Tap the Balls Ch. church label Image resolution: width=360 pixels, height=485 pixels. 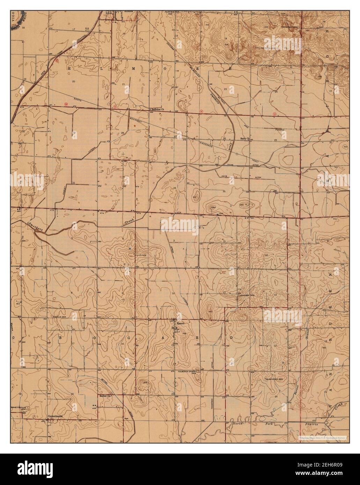245,139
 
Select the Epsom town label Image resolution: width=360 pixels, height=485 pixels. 180,323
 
